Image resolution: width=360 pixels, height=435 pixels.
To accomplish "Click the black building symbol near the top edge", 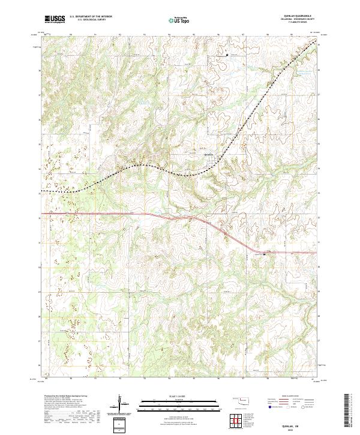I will (227, 56).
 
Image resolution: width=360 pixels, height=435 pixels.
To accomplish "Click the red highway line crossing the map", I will (120, 214).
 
